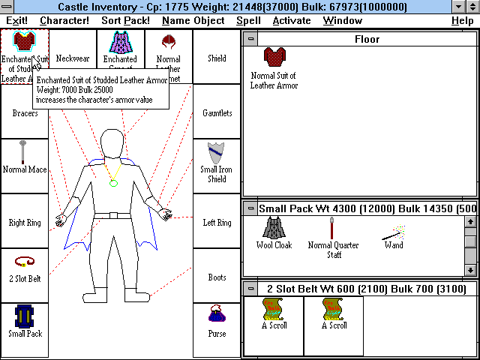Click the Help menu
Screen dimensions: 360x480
[462, 20]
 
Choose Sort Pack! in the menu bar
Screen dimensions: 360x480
[125, 20]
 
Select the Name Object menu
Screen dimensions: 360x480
[193, 20]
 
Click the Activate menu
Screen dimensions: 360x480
[292, 20]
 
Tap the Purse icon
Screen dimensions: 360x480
[217, 316]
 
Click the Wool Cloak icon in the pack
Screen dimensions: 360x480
[273, 226]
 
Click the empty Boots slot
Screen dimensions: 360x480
[217, 277]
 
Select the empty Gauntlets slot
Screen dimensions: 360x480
[217, 112]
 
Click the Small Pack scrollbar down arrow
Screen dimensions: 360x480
[470, 270]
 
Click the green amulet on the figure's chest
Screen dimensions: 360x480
[113, 184]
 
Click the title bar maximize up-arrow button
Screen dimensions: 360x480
[472, 7]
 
